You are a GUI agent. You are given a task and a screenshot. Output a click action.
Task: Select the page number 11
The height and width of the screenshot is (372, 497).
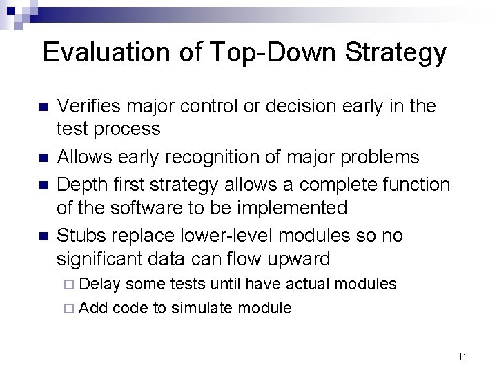(462, 356)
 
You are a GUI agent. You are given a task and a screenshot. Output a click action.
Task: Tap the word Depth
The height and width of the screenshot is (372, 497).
(81, 185)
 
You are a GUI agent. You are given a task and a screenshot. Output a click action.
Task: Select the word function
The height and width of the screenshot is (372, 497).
(412, 185)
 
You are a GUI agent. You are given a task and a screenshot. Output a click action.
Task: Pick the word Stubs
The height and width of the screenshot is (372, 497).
(80, 236)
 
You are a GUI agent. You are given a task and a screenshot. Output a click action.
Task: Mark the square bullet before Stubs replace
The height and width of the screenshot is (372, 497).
(42, 237)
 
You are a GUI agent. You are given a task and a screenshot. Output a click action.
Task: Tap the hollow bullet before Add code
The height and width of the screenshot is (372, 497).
(72, 309)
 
